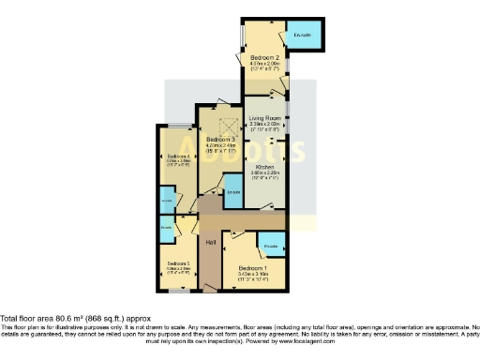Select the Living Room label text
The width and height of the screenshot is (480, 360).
tap(265, 117)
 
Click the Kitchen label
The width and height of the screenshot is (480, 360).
tap(265, 166)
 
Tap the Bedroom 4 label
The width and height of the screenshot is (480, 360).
tap(178, 156)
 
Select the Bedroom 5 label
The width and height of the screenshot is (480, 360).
tap(178, 264)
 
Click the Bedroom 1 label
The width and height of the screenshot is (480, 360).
tap(253, 268)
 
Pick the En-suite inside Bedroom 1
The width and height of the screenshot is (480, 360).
tap(272, 247)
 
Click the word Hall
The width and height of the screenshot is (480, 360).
tap(212, 244)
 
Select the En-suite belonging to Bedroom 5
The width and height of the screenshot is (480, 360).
tap(166, 227)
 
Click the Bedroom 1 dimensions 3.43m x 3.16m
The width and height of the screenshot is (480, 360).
tap(253, 275)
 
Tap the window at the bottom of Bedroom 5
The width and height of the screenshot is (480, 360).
tap(174, 292)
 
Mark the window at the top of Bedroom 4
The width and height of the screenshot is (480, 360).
tap(175, 125)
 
